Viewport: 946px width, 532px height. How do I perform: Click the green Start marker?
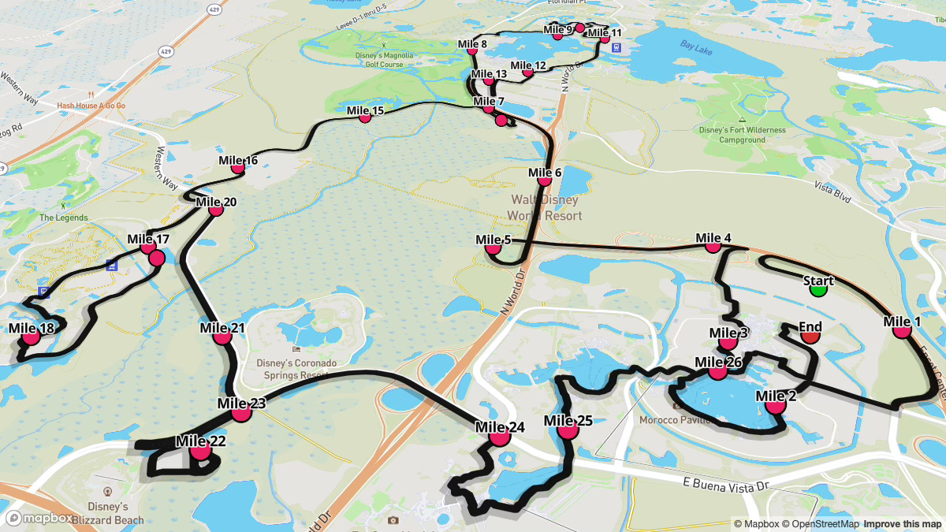(x=818, y=289)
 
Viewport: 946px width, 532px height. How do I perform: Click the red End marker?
(x=810, y=337)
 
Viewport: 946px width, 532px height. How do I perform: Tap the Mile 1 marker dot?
(x=902, y=331)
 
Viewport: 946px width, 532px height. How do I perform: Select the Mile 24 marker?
(x=499, y=437)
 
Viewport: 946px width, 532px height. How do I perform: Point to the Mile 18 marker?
(x=31, y=337)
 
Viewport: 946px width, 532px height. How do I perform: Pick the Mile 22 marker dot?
(x=200, y=451)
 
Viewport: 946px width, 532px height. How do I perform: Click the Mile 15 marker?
(x=364, y=117)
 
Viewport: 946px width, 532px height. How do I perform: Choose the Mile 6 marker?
(x=544, y=180)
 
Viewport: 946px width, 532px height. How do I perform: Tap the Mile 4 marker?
(x=713, y=246)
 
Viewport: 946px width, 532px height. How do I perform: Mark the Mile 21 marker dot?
(x=222, y=337)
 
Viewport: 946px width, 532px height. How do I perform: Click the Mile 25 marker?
(x=566, y=430)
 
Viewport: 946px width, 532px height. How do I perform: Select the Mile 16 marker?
(x=237, y=167)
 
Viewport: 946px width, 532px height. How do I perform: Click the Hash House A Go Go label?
(x=91, y=106)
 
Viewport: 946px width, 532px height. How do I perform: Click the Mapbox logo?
(x=39, y=518)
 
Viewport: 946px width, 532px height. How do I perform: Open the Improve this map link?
(x=902, y=524)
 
